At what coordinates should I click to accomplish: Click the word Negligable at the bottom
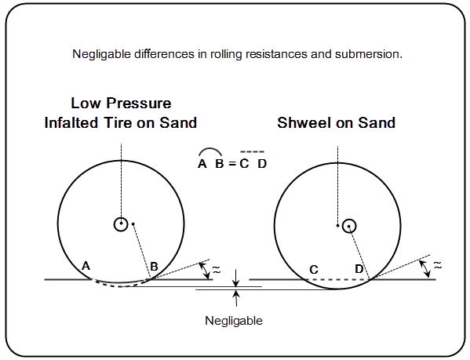[x=233, y=321]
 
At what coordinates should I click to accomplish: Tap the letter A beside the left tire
[x=86, y=267]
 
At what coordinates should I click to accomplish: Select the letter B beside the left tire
[x=155, y=267]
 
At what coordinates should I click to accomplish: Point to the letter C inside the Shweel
[x=313, y=270]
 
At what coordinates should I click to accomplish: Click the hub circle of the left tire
[x=120, y=224]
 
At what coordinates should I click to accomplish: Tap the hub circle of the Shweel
[x=350, y=225]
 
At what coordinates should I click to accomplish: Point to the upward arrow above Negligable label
[x=236, y=296]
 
